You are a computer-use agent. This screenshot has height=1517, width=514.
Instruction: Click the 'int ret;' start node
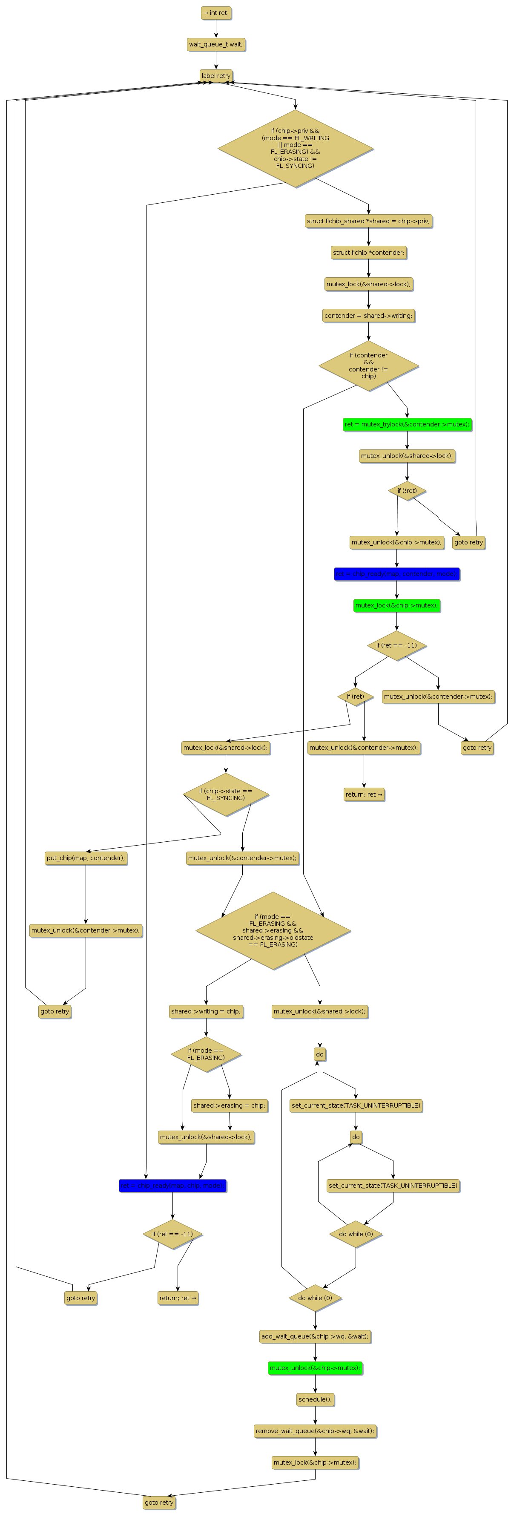click(215, 13)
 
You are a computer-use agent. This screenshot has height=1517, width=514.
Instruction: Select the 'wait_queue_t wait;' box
click(215, 45)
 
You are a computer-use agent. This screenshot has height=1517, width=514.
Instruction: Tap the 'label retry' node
click(215, 76)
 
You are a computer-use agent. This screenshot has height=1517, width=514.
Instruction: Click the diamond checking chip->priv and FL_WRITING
click(295, 148)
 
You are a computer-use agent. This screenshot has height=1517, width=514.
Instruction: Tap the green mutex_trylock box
click(407, 425)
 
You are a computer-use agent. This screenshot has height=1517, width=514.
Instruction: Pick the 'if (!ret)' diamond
click(407, 491)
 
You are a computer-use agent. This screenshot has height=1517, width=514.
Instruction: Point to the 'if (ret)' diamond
click(355, 697)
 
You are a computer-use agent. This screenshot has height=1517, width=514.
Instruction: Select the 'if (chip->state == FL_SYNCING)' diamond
click(226, 794)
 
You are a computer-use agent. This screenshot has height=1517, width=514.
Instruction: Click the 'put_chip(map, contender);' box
click(86, 858)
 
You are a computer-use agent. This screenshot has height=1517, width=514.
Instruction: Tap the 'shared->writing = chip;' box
click(206, 1011)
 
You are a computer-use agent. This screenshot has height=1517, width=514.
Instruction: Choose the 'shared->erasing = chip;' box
click(229, 1105)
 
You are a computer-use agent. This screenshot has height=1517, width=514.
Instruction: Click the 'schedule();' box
click(315, 1399)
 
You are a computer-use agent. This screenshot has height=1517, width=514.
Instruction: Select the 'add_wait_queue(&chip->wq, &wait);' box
click(315, 1336)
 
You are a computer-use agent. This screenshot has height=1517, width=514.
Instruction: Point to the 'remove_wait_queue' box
click(315, 1431)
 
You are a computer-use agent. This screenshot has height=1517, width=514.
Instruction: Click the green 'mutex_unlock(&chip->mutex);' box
click(315, 1368)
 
